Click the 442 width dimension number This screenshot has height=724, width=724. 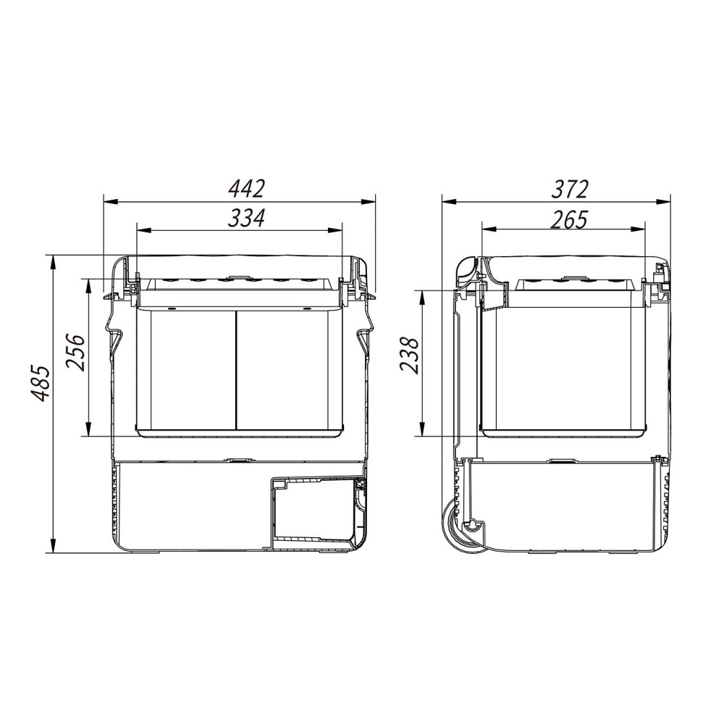247,189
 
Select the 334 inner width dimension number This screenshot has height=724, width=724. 247,218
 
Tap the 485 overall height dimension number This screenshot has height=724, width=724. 41,384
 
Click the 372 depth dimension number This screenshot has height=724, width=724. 570,189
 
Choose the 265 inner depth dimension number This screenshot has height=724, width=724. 569,219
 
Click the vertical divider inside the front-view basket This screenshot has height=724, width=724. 236,369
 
